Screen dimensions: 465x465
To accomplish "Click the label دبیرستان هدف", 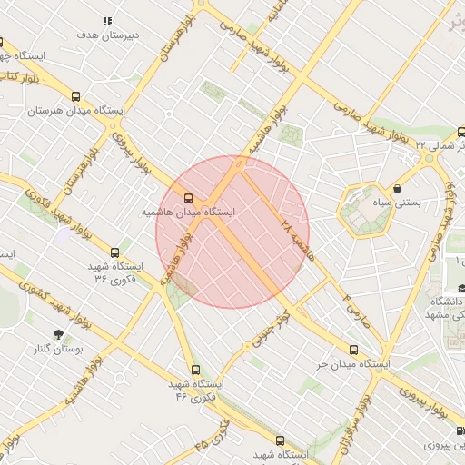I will pyautogui.click(x=107, y=35).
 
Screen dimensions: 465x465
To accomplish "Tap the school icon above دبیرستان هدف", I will pyautogui.click(x=107, y=21).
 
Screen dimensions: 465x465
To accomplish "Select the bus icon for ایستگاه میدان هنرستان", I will pyautogui.click(x=75, y=96).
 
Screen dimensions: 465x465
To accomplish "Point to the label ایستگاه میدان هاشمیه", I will pyautogui.click(x=184, y=212).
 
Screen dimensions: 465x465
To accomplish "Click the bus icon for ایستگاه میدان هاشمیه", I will pyautogui.click(x=189, y=197).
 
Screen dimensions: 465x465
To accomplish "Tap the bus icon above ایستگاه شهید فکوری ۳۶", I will pyautogui.click(x=114, y=252).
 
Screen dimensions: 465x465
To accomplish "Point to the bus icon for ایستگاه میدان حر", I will pyautogui.click(x=353, y=350).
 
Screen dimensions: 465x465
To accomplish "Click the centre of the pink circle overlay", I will pyautogui.click(x=232, y=232).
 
